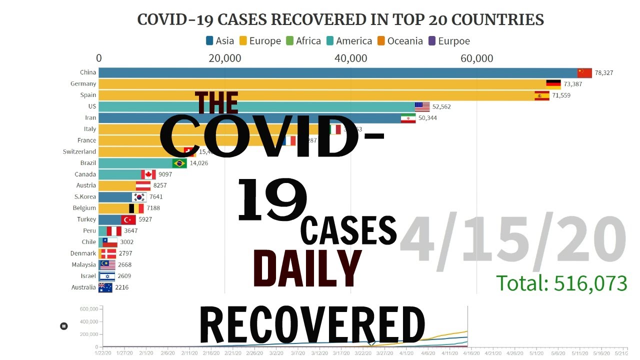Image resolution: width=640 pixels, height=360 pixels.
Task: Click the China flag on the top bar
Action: click(x=584, y=73)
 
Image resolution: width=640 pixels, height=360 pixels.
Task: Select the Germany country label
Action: click(x=83, y=84)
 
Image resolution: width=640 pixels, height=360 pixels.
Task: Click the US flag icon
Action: click(x=422, y=106)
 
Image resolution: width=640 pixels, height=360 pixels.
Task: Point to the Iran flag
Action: click(x=408, y=118)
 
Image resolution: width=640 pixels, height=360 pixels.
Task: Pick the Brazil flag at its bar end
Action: click(x=179, y=163)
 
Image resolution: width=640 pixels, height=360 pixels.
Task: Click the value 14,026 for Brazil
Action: click(x=199, y=163)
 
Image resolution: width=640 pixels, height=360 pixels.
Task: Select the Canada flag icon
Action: click(x=148, y=174)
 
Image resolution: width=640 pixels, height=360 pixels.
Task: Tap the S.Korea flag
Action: click(x=139, y=197)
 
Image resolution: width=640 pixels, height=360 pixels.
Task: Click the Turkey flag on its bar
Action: click(x=128, y=219)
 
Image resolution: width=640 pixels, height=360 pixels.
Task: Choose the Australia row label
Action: click(x=83, y=287)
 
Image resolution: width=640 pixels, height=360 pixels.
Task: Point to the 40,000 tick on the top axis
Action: click(x=350, y=58)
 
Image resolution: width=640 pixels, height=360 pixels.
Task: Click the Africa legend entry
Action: click(x=303, y=41)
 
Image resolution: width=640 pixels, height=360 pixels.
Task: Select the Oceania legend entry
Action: click(x=399, y=41)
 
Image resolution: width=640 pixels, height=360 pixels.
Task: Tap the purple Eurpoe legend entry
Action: click(x=449, y=41)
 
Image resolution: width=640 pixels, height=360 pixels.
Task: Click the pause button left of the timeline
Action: click(x=64, y=326)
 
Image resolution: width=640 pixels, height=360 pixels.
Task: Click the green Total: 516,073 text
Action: click(x=561, y=283)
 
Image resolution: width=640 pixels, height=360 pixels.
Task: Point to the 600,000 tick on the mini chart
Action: click(x=89, y=309)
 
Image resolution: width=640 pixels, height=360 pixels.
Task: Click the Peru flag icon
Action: click(x=114, y=231)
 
